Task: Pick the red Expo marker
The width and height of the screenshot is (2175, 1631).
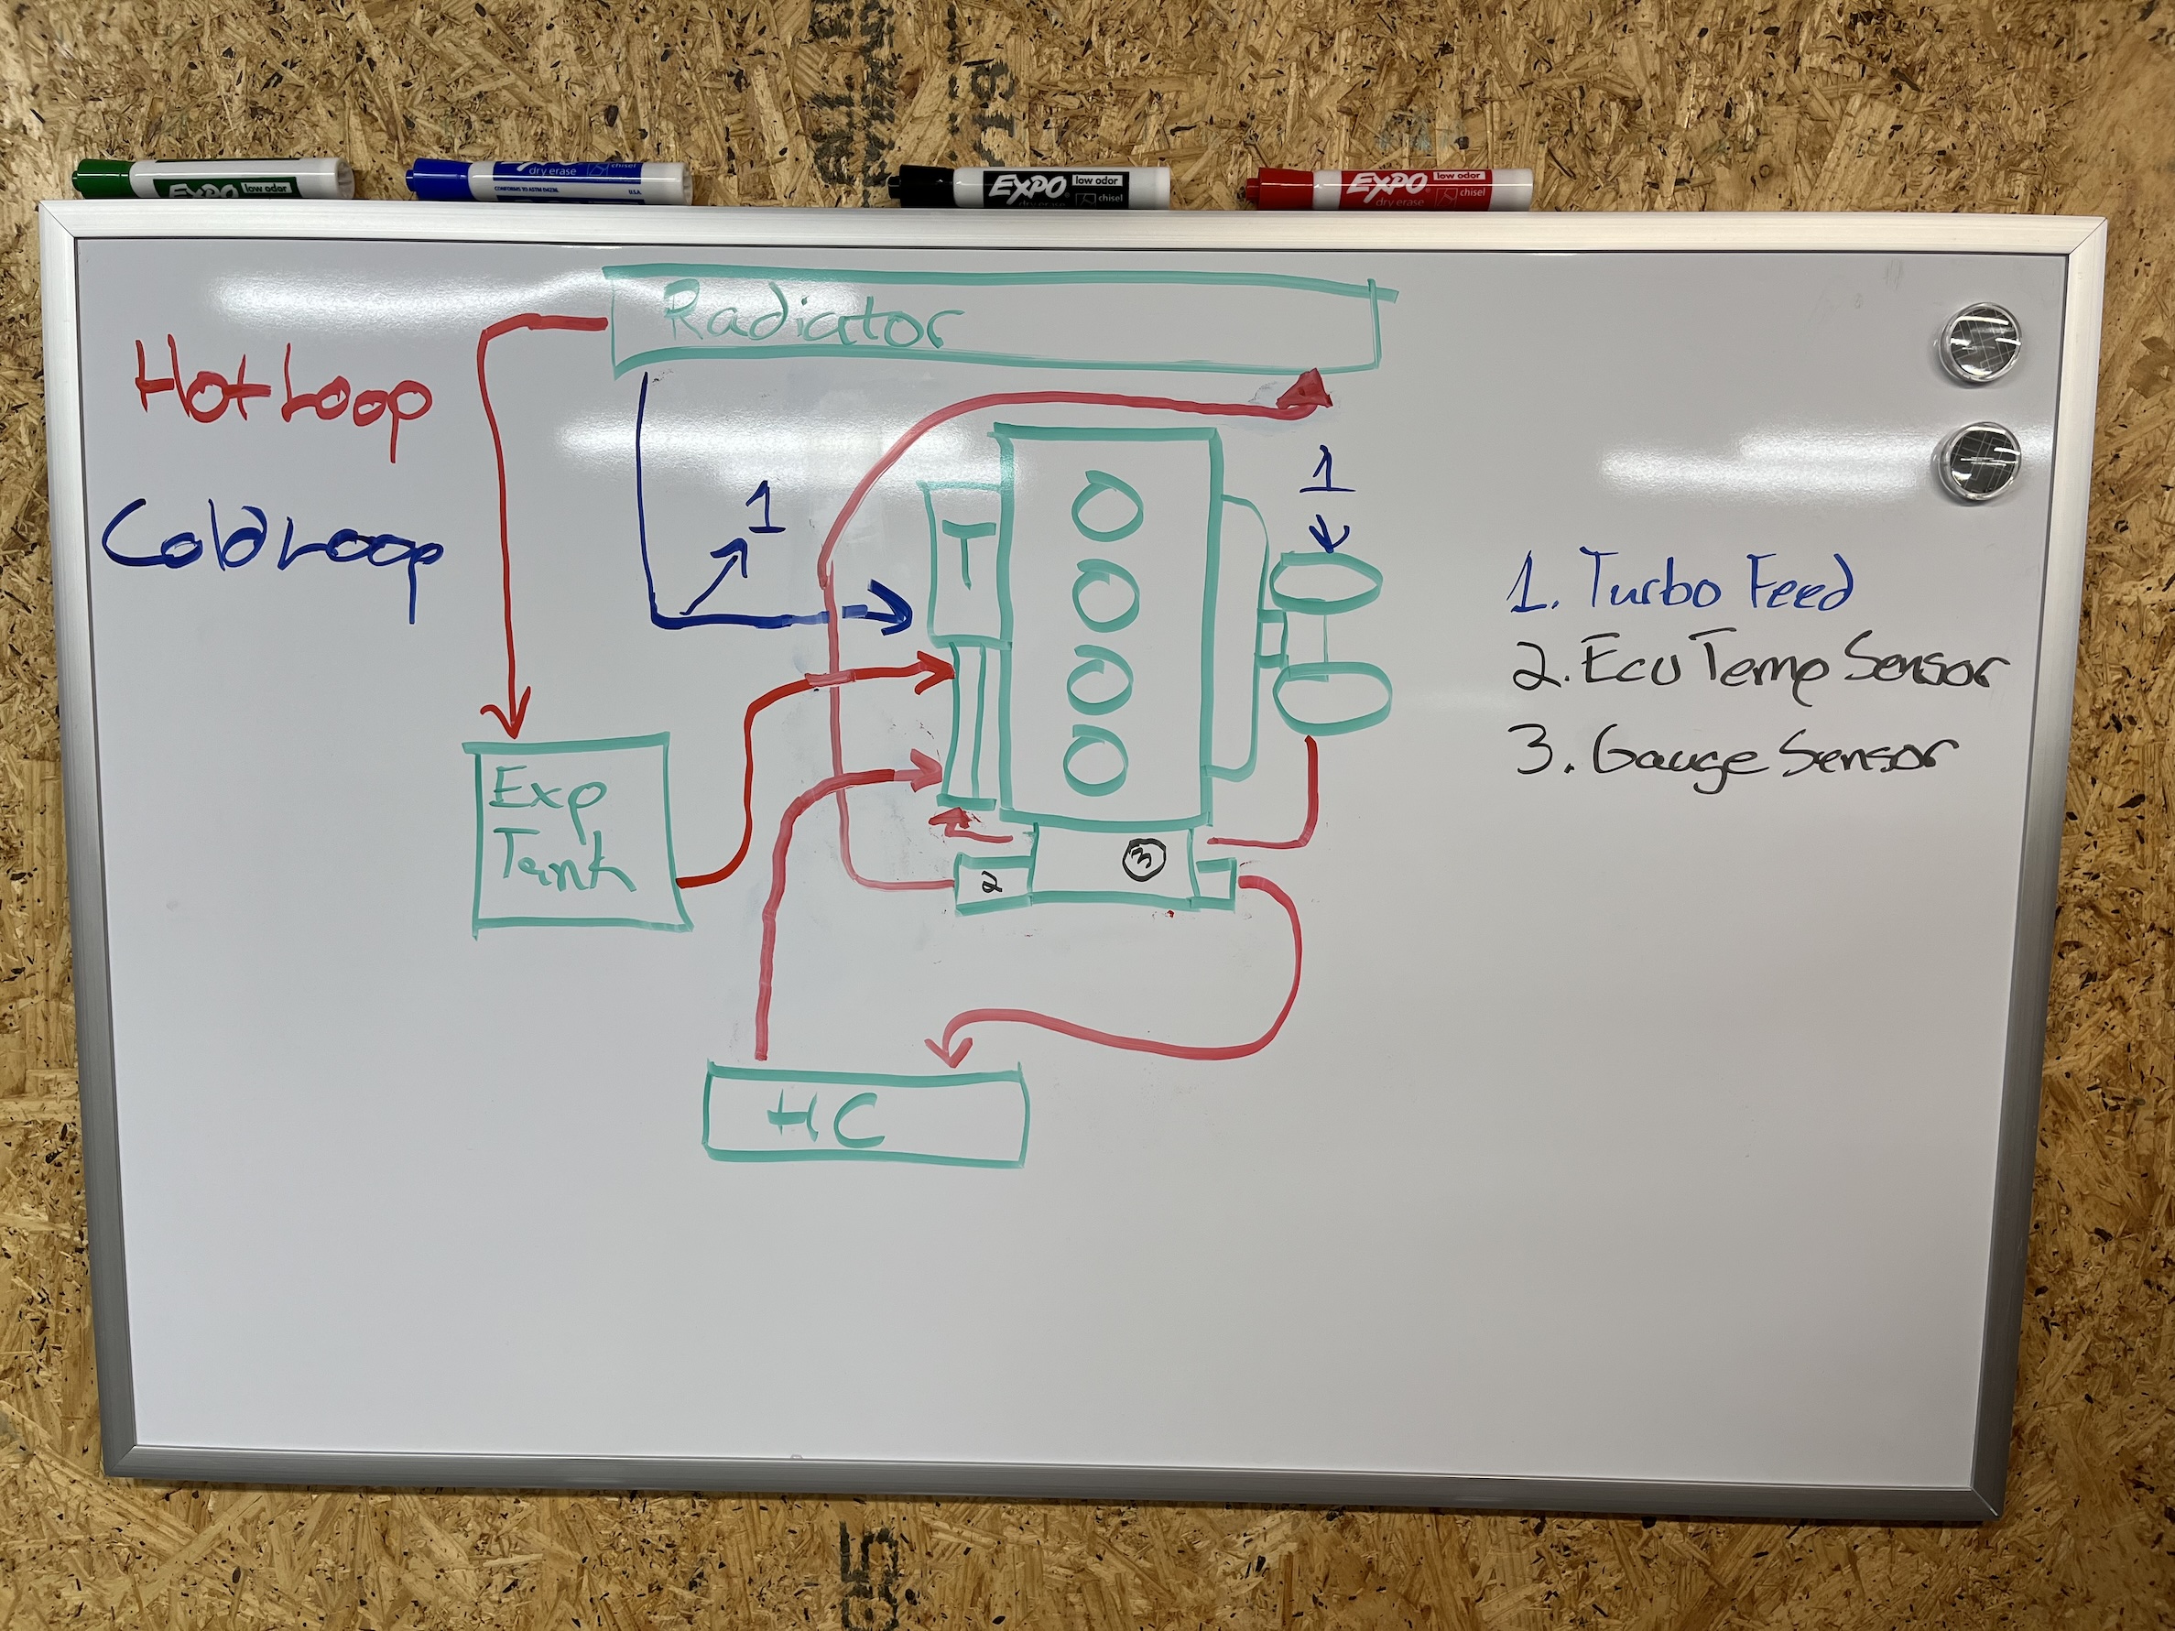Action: pyautogui.click(x=1387, y=184)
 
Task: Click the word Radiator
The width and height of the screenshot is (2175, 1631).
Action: pyautogui.click(x=811, y=321)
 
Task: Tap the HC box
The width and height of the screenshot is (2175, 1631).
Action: pyautogui.click(x=865, y=1115)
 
